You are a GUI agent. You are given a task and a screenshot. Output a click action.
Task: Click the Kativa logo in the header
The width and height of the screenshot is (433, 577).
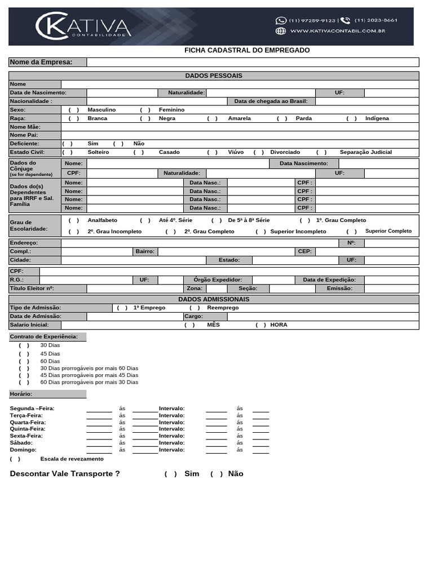click(x=83, y=26)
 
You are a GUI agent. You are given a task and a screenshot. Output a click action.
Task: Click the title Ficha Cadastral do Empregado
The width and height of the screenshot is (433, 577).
click(x=247, y=50)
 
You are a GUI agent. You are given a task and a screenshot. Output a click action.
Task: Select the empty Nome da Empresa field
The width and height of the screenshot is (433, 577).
click(x=253, y=62)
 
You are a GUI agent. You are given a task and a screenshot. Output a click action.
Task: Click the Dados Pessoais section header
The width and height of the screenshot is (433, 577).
click(x=214, y=76)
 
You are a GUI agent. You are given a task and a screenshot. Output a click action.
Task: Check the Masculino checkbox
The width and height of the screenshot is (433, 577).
click(x=74, y=110)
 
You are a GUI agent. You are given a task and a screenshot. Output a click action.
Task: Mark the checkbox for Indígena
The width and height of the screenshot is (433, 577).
click(x=352, y=118)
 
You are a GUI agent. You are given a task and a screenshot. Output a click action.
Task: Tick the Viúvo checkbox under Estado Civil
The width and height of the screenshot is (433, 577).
click(x=213, y=152)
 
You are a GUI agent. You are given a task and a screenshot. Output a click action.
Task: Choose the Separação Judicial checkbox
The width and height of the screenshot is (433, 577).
click(x=321, y=152)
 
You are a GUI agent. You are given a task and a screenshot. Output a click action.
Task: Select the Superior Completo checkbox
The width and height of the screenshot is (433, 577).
click(x=352, y=232)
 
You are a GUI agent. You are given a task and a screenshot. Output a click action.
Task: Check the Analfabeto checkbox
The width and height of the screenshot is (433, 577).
click(x=74, y=220)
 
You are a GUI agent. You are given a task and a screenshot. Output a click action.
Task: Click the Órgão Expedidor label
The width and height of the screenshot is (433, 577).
click(x=218, y=280)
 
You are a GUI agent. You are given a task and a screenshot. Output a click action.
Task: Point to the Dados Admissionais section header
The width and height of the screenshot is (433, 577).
click(x=214, y=299)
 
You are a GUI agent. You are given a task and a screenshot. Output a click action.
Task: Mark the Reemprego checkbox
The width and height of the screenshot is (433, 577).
click(x=195, y=308)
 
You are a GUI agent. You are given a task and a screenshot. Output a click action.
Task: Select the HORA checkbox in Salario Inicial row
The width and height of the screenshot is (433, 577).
click(x=260, y=325)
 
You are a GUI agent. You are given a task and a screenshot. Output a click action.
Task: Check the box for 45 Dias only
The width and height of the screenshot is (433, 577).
click(x=24, y=354)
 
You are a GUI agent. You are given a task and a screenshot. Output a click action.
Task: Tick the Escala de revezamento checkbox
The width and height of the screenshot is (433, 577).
click(x=15, y=459)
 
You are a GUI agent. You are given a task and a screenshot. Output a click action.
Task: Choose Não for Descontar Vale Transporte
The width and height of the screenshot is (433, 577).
click(x=216, y=474)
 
